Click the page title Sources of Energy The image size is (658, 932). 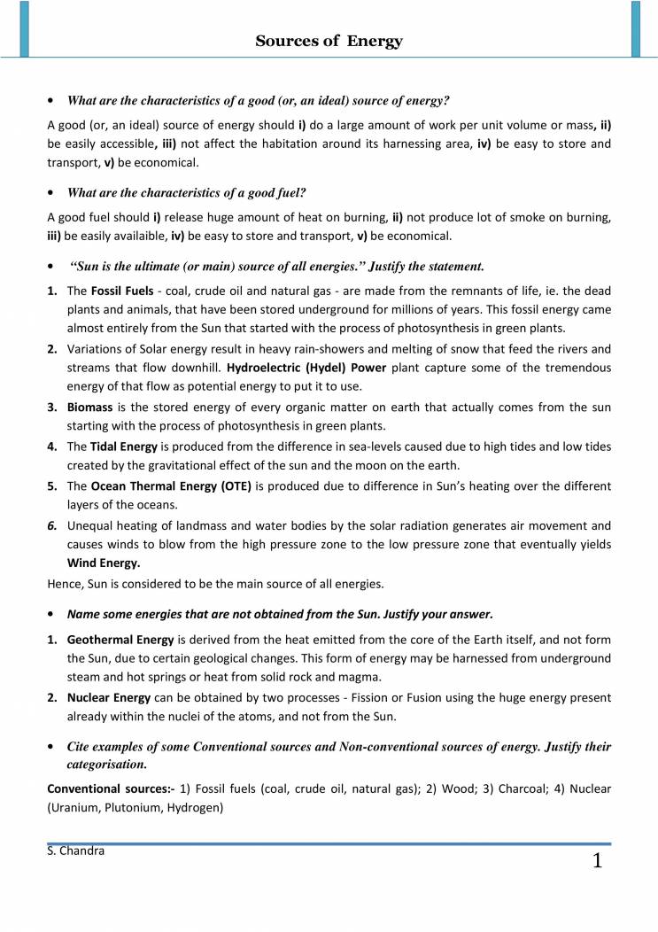click(x=329, y=41)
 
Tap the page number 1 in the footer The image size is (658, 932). click(x=597, y=861)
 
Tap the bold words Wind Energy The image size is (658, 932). click(x=104, y=563)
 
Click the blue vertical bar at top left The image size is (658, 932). click(x=25, y=28)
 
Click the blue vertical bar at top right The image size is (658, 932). click(x=635, y=28)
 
